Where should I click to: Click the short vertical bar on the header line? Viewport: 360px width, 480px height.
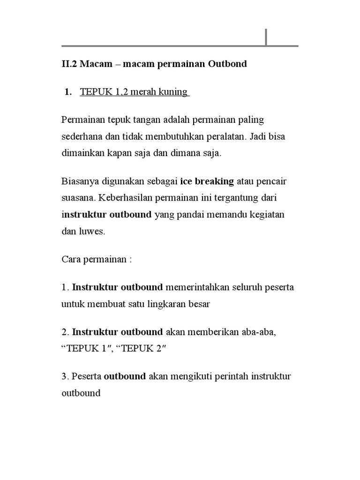(266, 37)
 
